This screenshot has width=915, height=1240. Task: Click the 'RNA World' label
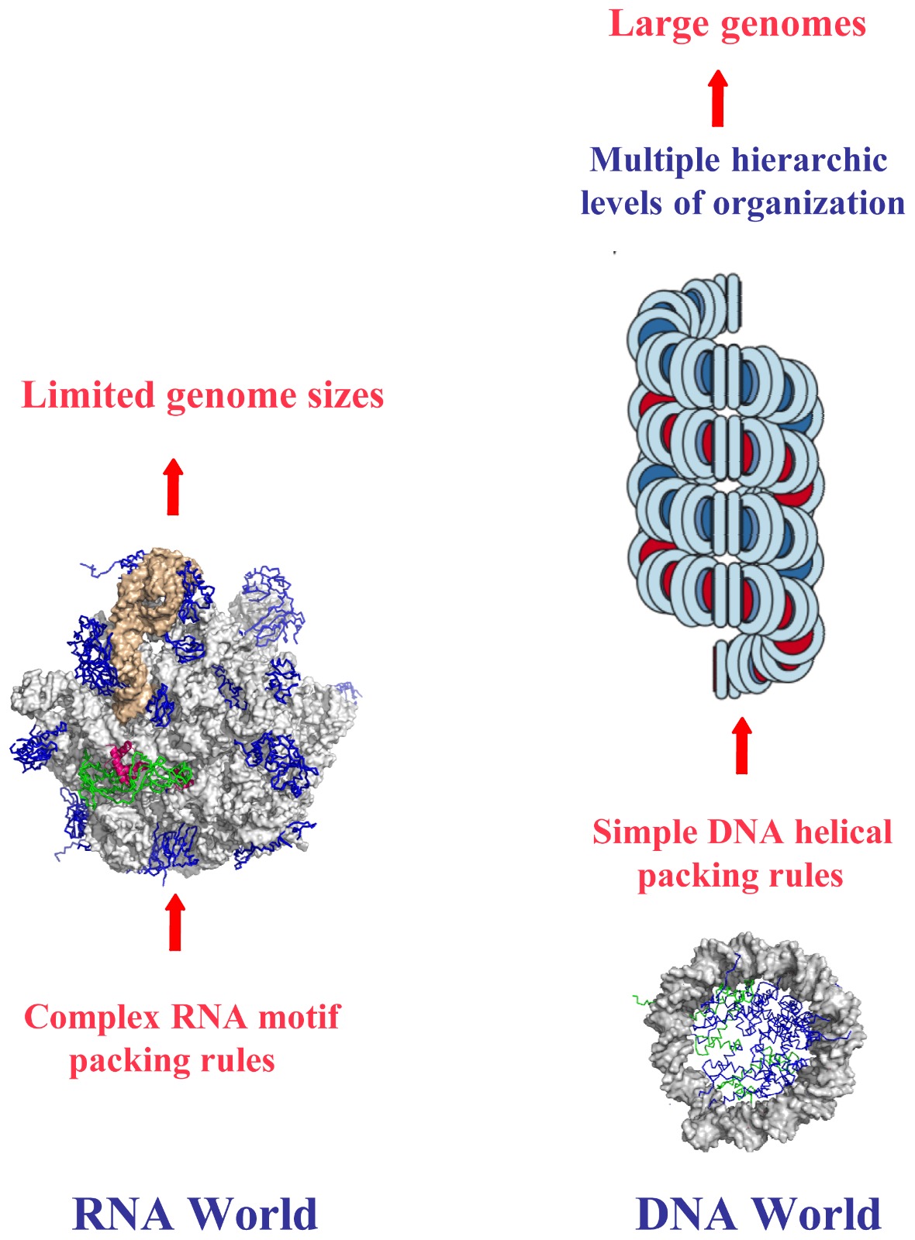pyautogui.click(x=195, y=1214)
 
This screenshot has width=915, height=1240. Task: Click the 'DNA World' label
pyautogui.click(x=758, y=1214)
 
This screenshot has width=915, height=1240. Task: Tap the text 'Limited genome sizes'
pyautogui.click(x=202, y=395)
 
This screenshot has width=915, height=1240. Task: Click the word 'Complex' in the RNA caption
pyautogui.click(x=92, y=1017)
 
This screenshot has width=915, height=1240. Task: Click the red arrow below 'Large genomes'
pyautogui.click(x=718, y=98)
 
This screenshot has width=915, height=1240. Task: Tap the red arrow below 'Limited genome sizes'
pyautogui.click(x=173, y=487)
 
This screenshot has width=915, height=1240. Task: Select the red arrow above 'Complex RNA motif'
pyautogui.click(x=175, y=922)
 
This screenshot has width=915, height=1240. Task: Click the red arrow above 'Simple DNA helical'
pyautogui.click(x=741, y=746)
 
